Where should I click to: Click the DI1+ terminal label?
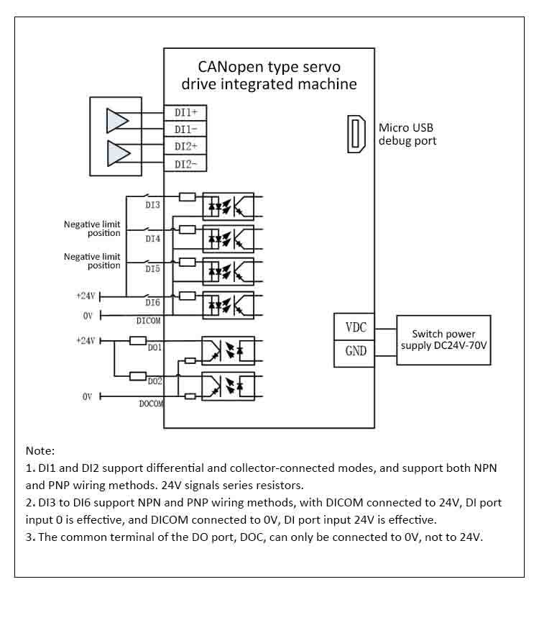190,113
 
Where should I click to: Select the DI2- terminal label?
190,165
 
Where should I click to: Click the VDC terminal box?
354,327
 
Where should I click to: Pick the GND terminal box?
354,351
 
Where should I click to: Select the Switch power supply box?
443,340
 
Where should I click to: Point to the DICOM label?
149,321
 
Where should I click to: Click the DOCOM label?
151,404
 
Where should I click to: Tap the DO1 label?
155,347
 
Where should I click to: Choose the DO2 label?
155,381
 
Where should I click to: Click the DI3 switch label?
152,205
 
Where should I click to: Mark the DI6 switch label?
152,304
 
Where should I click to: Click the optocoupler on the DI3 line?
228,206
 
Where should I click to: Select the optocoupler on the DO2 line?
228,386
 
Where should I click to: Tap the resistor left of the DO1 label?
138,340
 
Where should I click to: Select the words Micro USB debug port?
407,135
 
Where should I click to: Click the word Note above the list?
40,451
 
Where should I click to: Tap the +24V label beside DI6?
86,295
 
